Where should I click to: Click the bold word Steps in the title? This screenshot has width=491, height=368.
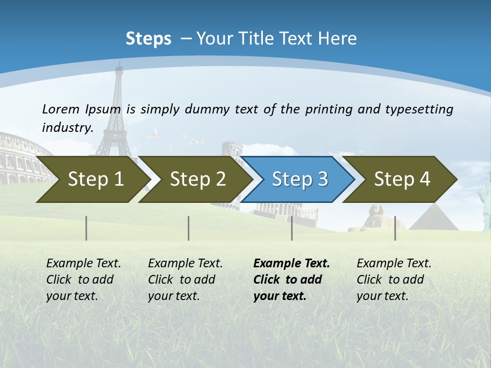point(148,39)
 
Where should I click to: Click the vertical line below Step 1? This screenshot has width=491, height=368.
point(86,228)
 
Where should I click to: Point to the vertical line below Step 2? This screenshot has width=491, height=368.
point(189,228)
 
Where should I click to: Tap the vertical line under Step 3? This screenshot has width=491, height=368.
point(292,228)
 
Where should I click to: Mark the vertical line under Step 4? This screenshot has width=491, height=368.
point(395,228)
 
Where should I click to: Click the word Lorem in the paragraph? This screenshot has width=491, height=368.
point(61,109)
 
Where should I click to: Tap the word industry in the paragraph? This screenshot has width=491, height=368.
point(66,127)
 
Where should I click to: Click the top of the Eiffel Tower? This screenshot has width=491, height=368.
point(119,69)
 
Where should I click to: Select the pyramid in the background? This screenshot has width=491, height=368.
point(434,218)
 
